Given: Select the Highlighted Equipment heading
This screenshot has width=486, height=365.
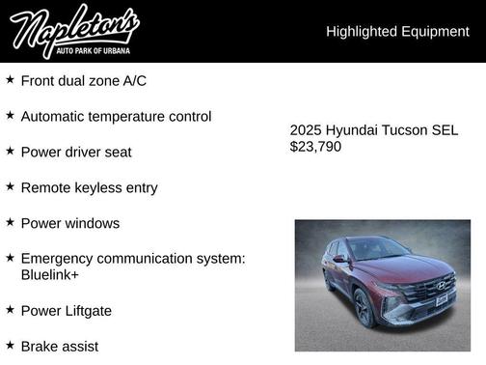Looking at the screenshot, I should coord(397,32).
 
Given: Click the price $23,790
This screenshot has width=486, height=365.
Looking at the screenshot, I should coord(315,147).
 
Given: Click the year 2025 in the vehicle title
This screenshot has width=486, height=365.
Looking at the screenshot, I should coord(307,130).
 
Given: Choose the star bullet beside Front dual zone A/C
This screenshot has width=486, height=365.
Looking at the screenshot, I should coord(10,79).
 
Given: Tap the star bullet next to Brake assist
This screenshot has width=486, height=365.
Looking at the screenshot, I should coord(10,345).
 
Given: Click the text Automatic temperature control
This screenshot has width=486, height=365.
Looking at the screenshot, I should coord(116,116).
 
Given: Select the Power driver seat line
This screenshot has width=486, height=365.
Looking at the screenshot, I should coord(76,152).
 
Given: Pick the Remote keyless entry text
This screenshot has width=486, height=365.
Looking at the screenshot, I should coord(89,187).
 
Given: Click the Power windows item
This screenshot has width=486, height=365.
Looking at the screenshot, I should coord(70,223).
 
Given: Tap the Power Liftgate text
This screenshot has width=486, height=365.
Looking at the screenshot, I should coord(67,310).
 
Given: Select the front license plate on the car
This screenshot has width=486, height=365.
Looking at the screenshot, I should coord(442,301).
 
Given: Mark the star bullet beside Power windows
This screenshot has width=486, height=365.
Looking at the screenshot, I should coord(10,222).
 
